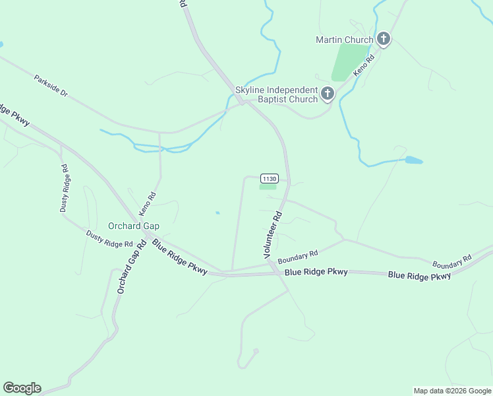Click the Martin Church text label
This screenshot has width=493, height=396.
point(344,40)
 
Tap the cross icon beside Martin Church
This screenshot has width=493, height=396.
point(384,40)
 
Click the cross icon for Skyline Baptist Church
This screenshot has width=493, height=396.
point(328,94)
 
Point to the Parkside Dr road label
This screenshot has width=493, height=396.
point(51,86)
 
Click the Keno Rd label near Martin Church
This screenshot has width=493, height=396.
point(364,65)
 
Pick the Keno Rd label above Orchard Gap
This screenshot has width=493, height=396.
point(147,204)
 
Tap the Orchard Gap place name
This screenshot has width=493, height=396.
point(134,226)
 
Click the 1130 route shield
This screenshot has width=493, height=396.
point(269,179)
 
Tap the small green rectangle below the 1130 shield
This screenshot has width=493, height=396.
point(268,187)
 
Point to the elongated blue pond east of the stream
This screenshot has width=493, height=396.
point(413,160)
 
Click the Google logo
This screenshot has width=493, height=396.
point(22,388)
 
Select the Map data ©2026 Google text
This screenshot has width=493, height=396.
point(453,391)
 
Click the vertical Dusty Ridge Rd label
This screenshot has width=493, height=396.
point(65,187)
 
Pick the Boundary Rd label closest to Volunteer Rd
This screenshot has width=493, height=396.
point(298,257)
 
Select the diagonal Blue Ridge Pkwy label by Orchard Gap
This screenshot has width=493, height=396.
point(179,256)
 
